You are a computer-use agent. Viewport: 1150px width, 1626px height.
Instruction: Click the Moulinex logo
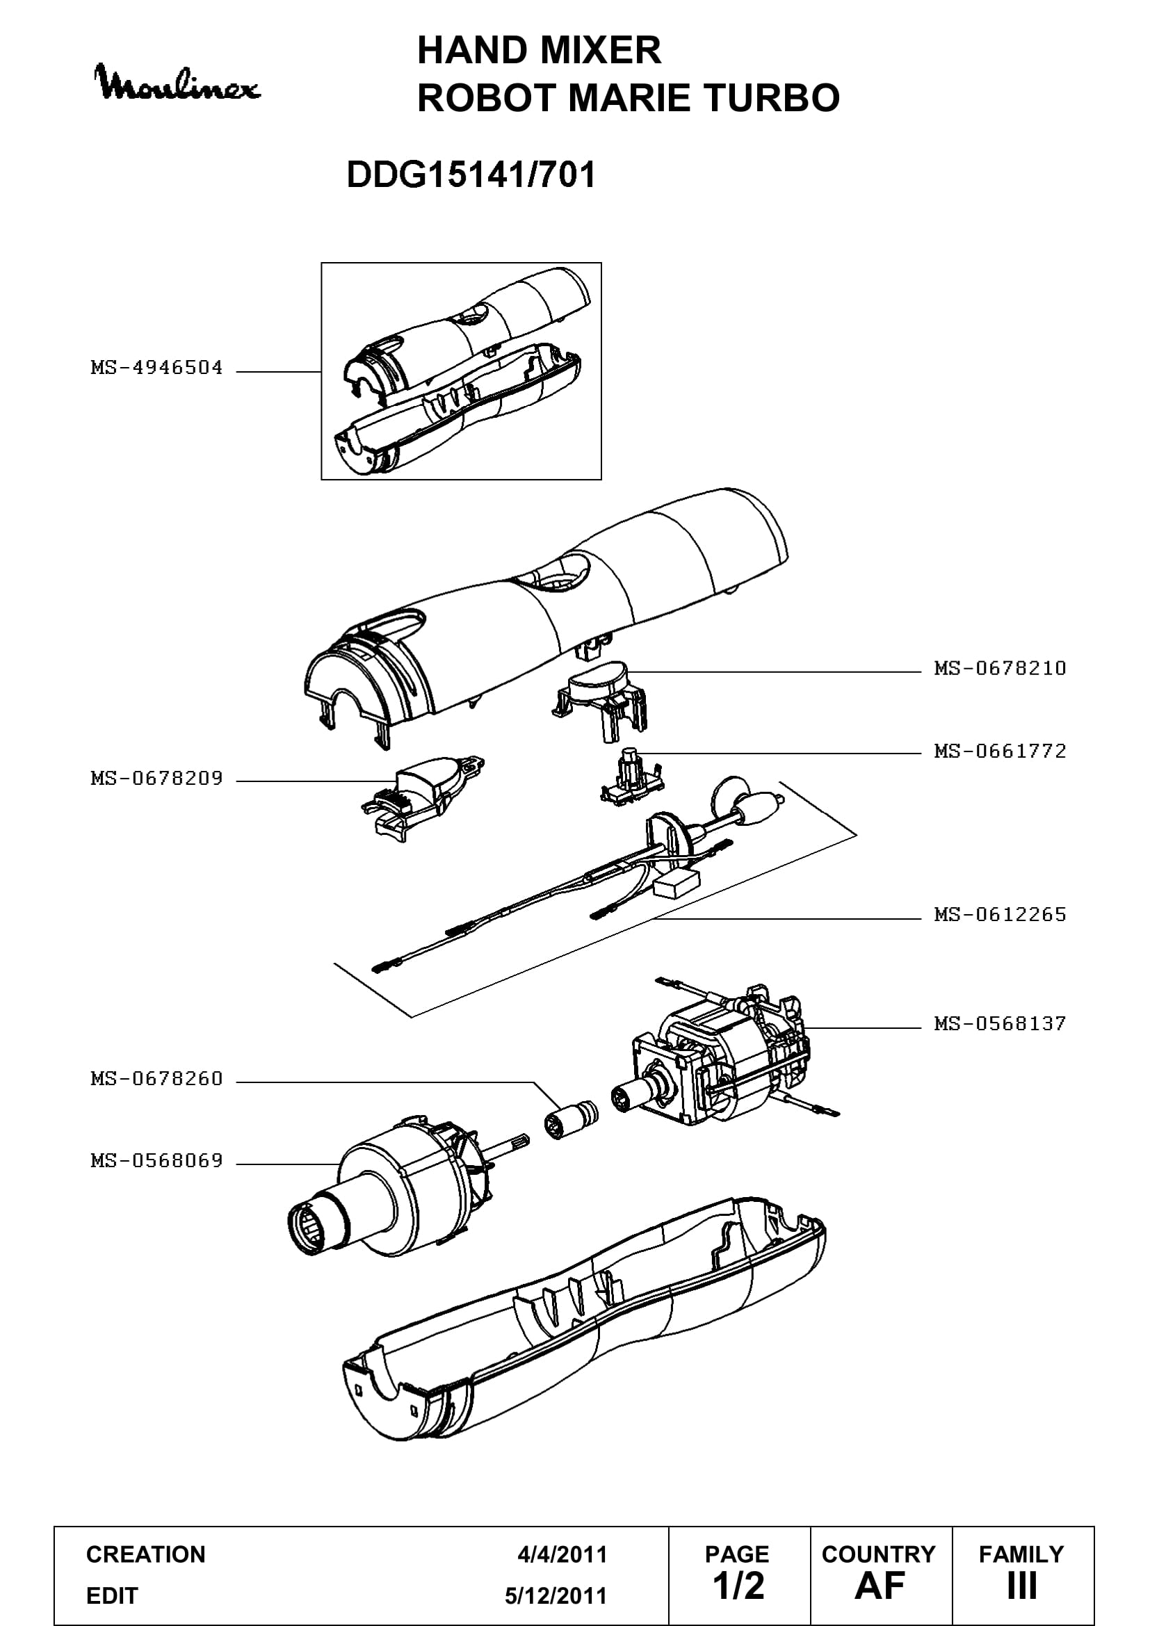point(177,83)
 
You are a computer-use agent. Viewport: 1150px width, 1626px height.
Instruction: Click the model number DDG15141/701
point(471,174)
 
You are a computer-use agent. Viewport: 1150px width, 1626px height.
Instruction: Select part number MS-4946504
point(156,368)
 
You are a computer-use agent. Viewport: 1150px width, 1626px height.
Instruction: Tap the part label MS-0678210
point(1000,668)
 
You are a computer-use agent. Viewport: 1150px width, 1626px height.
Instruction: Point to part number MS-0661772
point(1000,751)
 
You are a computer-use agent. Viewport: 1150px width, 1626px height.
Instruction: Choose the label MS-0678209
point(156,779)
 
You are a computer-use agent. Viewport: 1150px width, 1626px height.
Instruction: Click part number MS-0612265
point(1000,914)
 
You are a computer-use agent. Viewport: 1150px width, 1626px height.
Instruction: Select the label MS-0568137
point(1000,1023)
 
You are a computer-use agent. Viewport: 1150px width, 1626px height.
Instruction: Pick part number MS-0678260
point(156,1079)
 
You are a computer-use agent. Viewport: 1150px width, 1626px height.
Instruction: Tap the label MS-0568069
point(156,1161)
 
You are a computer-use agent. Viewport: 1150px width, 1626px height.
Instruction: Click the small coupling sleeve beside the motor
point(571,1119)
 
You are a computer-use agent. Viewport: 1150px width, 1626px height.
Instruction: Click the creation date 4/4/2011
point(562,1554)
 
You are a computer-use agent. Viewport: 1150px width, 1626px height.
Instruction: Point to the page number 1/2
point(738,1586)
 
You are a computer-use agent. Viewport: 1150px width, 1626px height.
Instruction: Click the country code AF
point(880,1586)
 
